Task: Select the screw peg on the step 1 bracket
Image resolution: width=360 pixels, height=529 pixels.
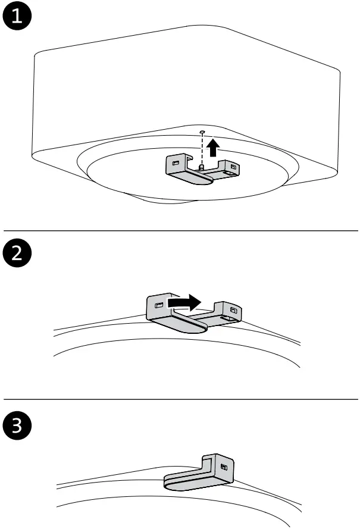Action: [x=202, y=168]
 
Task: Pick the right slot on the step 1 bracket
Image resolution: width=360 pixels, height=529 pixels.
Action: [x=233, y=167]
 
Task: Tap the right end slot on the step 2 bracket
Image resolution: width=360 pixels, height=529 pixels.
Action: [x=233, y=310]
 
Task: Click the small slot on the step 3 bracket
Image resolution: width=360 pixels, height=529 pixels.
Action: [x=223, y=467]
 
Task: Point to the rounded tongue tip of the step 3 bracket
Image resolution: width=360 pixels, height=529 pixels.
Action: [x=169, y=483]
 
